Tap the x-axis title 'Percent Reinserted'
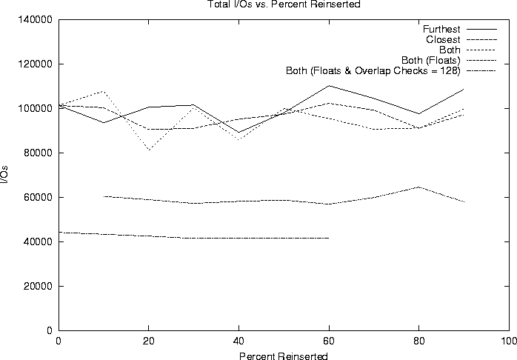tap(284, 356)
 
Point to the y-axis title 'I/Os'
tap(5, 175)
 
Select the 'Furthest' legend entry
tap(441, 29)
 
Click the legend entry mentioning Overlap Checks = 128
tap(373, 71)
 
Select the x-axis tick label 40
tap(239, 341)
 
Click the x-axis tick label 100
tap(509, 341)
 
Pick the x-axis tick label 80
tap(419, 341)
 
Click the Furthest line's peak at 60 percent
tap(329, 85)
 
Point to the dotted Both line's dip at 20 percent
tap(148, 150)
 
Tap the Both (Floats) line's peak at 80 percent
tap(419, 187)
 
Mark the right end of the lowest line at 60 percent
tap(329, 238)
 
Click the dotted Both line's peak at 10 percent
tap(104, 92)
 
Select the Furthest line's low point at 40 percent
tap(239, 132)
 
